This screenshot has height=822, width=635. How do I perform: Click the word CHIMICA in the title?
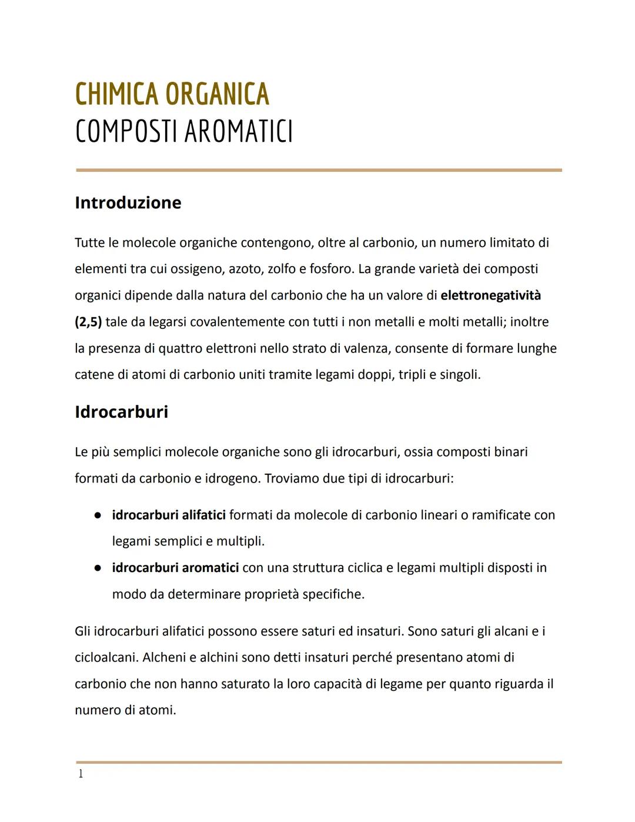pyautogui.click(x=116, y=95)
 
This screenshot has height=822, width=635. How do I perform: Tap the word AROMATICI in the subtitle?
pyautogui.click(x=238, y=131)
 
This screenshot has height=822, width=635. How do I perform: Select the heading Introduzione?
pyautogui.click(x=128, y=202)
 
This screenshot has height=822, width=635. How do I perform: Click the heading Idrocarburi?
pyautogui.click(x=121, y=412)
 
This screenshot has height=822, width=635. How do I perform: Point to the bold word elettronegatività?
pyautogui.click(x=490, y=295)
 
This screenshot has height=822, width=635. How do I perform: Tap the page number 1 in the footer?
pyautogui.click(x=81, y=774)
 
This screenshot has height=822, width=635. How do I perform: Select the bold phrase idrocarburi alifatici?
pyautogui.click(x=169, y=515)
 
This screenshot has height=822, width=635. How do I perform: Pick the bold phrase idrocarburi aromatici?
pyautogui.click(x=175, y=568)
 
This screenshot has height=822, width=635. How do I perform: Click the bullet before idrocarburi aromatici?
pyautogui.click(x=98, y=568)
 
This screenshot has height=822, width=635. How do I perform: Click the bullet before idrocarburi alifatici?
pyautogui.click(x=98, y=515)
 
